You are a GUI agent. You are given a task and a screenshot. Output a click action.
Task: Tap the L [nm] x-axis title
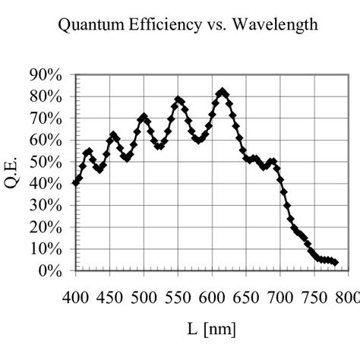click(212, 330)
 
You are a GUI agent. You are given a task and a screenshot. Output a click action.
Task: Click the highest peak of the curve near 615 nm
click(222, 92)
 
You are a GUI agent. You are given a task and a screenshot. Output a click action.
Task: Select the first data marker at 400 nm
click(75, 183)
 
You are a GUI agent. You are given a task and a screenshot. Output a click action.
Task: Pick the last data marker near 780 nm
click(335, 263)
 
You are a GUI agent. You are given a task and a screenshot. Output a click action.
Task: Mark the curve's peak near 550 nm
click(178, 99)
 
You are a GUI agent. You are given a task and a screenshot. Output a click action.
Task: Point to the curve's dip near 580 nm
click(198, 141)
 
